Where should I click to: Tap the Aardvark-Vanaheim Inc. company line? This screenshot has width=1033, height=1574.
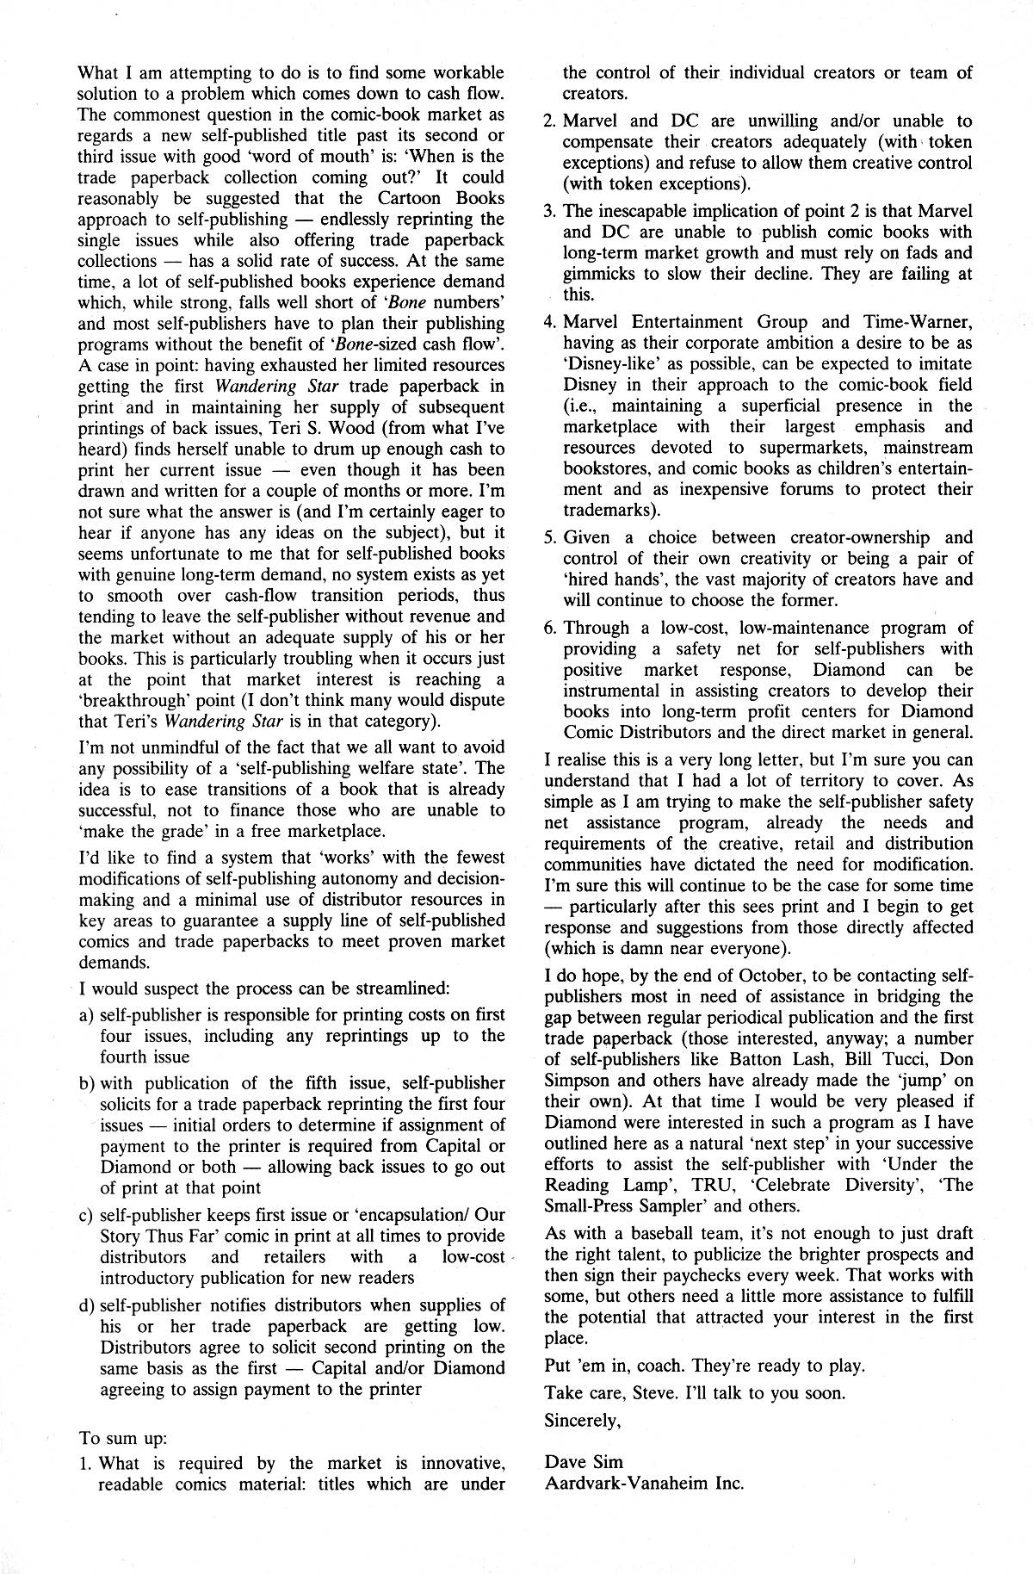[644, 1483]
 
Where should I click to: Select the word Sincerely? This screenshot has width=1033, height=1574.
[582, 1421]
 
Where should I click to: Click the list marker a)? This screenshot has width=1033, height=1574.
[86, 1016]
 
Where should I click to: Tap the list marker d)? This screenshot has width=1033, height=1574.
[86, 1306]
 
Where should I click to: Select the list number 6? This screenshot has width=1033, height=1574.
[550, 629]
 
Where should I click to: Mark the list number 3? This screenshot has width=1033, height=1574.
[550, 212]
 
